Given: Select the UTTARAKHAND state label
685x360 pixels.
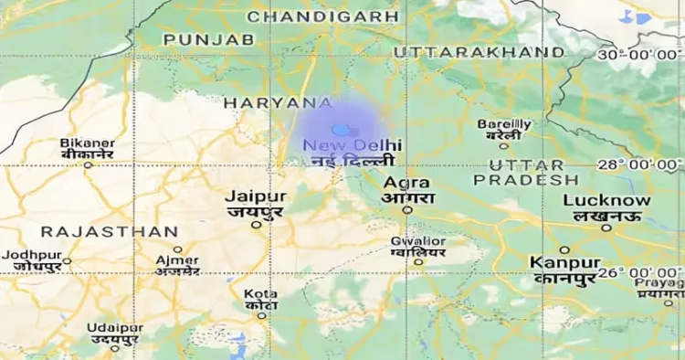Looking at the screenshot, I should tap(479, 52).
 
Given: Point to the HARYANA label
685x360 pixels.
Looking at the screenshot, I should tap(278, 103).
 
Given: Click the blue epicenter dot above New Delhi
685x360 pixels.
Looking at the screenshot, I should tap(340, 131).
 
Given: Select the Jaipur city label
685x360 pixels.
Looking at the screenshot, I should tap(256, 196).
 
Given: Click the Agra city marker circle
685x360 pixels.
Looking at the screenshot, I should tap(407, 209).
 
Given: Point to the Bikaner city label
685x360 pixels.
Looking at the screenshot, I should tap(88, 143).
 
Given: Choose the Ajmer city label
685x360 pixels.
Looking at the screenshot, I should tap(177, 260).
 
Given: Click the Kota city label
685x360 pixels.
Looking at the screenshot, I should tap(261, 293).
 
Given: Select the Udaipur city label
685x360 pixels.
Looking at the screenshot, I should tap(116, 328).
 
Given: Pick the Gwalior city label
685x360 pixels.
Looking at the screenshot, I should tap(418, 241).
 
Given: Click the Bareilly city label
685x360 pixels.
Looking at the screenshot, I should tap(504, 124).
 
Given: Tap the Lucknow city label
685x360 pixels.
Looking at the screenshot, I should tap(606, 201).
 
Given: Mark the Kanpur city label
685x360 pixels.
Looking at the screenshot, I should tap(564, 262).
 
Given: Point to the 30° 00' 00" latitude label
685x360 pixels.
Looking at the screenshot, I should tap(639, 56).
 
